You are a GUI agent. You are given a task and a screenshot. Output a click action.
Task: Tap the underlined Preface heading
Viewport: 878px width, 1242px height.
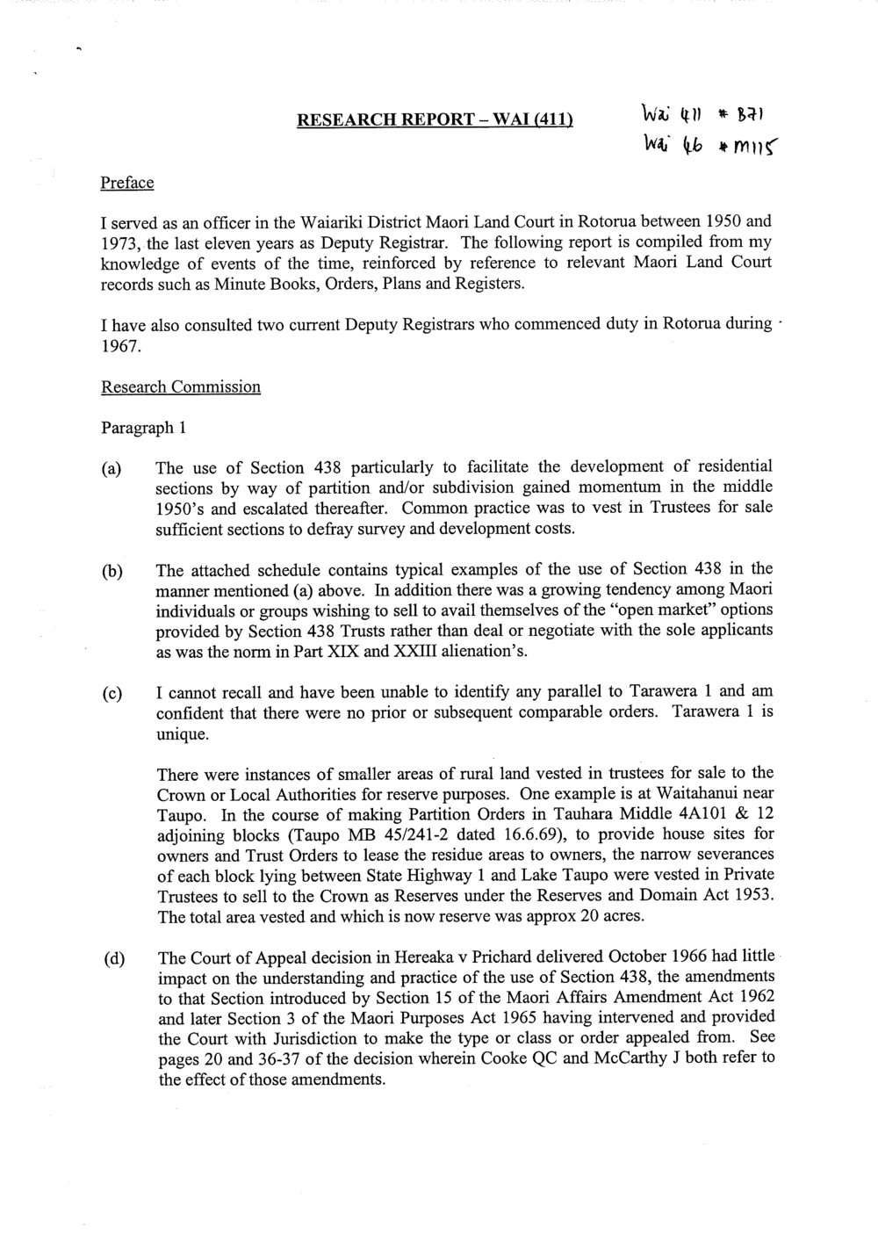point(127,183)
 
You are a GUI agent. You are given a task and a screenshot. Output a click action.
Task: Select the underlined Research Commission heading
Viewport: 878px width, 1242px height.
point(181,386)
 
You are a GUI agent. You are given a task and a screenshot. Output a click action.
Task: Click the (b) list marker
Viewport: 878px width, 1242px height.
point(112,570)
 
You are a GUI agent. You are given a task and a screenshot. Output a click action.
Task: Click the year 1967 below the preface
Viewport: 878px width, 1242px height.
point(119,346)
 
